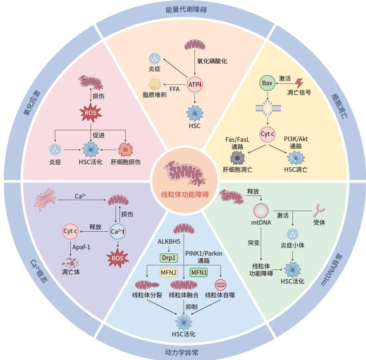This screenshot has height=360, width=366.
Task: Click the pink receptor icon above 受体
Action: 319,210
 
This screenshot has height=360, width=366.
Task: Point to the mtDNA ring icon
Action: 261,212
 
